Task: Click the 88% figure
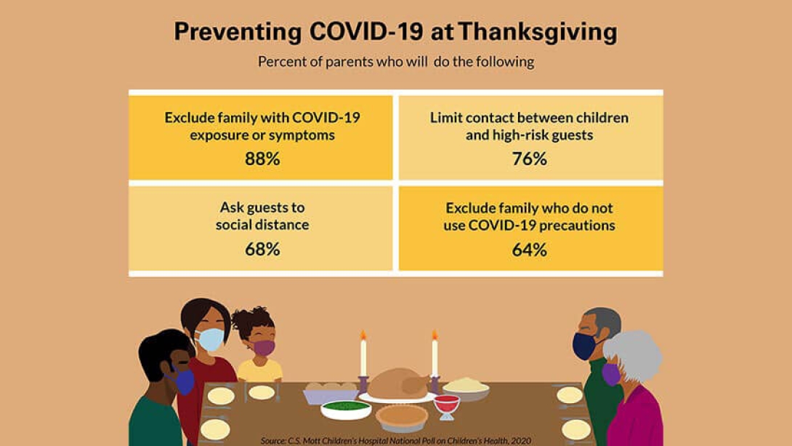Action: tap(262, 159)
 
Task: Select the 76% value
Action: tap(530, 159)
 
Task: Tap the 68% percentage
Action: tap(262, 249)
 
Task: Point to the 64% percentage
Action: tap(530, 250)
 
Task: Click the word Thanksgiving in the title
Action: tap(538, 32)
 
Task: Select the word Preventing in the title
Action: tap(238, 32)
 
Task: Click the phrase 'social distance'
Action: tap(262, 225)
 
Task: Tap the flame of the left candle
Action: tap(363, 335)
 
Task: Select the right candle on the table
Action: tap(435, 359)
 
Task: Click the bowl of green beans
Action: tap(346, 409)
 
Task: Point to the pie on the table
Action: tap(402, 418)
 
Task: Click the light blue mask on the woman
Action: tap(209, 339)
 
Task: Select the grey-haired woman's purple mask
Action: tap(610, 374)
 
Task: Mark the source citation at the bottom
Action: tap(395, 441)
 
